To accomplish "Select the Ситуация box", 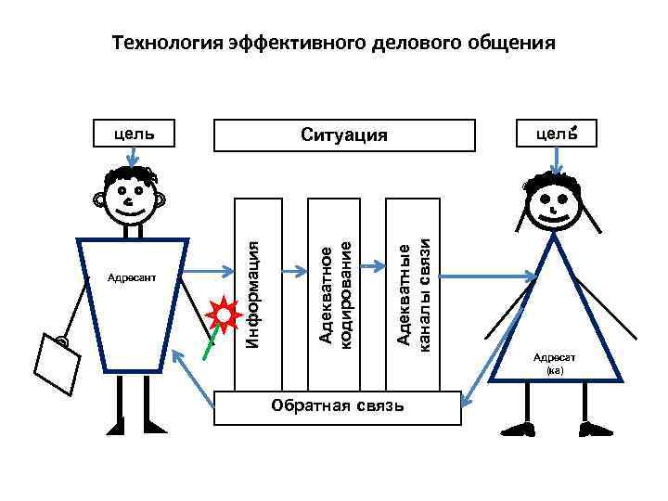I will [x=344, y=135].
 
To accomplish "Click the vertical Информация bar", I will [x=257, y=293].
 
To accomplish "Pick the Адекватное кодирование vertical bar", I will [x=334, y=293].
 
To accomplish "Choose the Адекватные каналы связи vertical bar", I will [x=411, y=293].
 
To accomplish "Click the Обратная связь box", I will [x=336, y=407].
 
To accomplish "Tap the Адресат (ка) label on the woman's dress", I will [x=555, y=363].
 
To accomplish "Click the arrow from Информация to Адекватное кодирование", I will [x=294, y=272].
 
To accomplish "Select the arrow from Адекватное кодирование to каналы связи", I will [x=372, y=267].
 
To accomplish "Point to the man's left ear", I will [x=97, y=198].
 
